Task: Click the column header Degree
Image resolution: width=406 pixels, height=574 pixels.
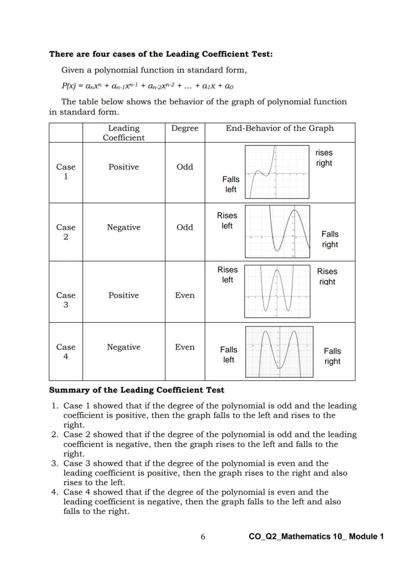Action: click(185, 128)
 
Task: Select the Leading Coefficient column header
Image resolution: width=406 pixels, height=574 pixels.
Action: click(124, 133)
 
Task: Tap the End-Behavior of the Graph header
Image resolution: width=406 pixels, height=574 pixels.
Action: click(279, 128)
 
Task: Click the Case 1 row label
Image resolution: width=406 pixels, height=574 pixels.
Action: click(66, 172)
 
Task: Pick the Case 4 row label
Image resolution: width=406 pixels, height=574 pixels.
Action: click(66, 352)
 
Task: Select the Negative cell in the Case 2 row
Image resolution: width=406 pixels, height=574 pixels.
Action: click(124, 227)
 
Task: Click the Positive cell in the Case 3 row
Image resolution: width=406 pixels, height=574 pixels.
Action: click(124, 296)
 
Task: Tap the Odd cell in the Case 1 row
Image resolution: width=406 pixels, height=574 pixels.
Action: click(185, 167)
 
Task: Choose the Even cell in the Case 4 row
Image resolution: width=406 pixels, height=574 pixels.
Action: click(185, 348)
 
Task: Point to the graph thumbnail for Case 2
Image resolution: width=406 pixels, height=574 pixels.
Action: click(277, 231)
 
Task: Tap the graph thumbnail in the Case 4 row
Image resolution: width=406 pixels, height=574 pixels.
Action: click(279, 351)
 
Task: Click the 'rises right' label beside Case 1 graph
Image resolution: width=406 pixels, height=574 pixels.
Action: click(324, 158)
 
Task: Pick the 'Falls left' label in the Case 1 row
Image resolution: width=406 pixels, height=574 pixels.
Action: click(230, 184)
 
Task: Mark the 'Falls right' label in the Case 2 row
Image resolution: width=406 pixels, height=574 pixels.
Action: click(330, 239)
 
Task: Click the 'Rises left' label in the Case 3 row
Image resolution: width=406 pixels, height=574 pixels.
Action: click(228, 275)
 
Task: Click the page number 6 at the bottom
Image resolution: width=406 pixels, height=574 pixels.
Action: click(203, 537)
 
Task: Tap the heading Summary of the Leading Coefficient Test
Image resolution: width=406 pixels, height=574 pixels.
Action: click(137, 390)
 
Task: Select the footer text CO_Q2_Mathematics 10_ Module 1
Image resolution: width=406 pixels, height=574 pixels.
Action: click(316, 537)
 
